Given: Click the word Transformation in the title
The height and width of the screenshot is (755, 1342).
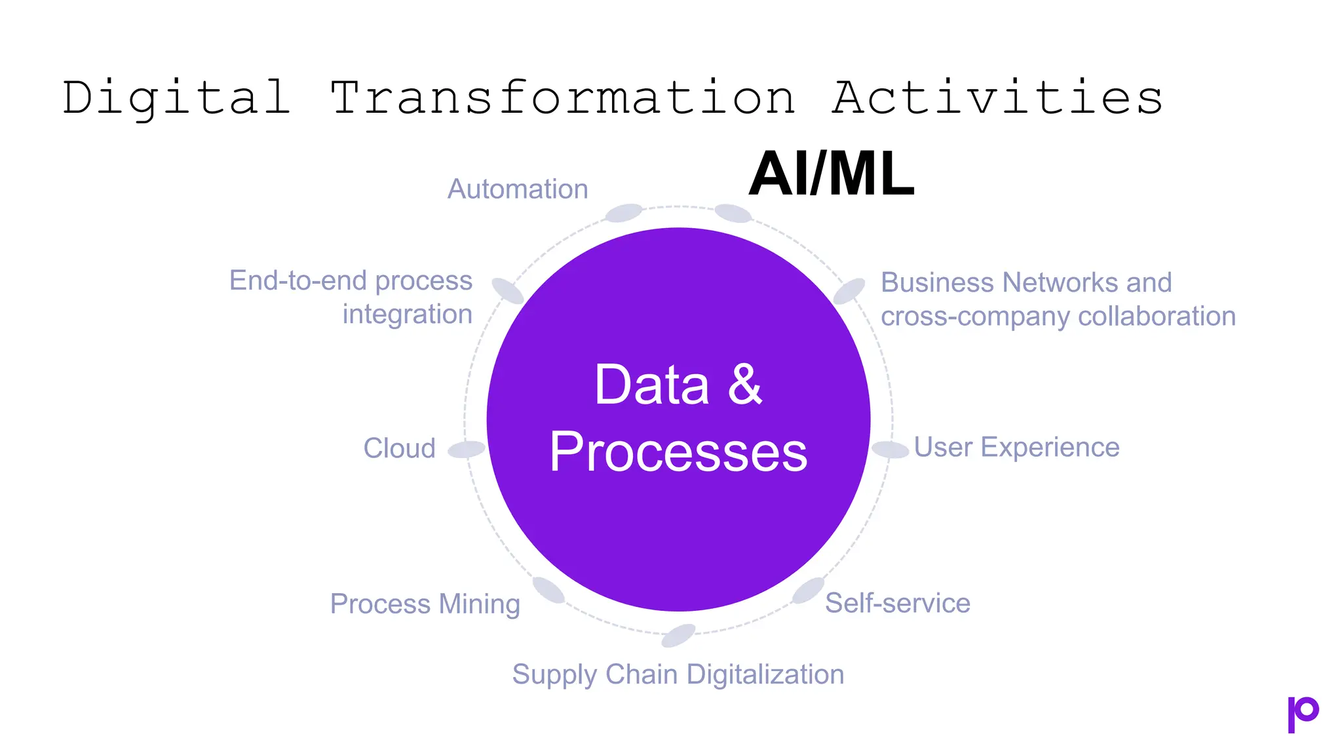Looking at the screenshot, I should pyautogui.click(x=562, y=98).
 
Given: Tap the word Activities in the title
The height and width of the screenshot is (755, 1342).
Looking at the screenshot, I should pyautogui.click(x=997, y=98).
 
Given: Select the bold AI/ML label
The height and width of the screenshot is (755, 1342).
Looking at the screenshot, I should pyautogui.click(x=831, y=174).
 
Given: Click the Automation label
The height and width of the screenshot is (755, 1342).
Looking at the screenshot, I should pyautogui.click(x=518, y=189).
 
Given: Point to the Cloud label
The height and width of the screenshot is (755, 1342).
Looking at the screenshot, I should pyautogui.click(x=399, y=449).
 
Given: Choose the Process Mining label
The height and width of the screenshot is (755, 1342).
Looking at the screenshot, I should pyautogui.click(x=425, y=604).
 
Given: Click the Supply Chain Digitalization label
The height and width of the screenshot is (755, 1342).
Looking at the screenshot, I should pyautogui.click(x=678, y=674).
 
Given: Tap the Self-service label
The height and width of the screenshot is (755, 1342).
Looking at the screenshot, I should pyautogui.click(x=897, y=603).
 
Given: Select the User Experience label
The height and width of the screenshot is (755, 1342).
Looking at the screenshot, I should pyautogui.click(x=1016, y=448).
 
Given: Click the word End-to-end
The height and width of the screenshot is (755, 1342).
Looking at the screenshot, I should pyautogui.click(x=298, y=281).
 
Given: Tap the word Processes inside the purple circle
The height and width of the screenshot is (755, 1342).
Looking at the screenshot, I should pyautogui.click(x=678, y=452).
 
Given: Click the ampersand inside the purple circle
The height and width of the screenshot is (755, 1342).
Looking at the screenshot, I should pyautogui.click(x=745, y=385).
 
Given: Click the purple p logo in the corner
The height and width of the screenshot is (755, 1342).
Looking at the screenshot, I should pyautogui.click(x=1302, y=714).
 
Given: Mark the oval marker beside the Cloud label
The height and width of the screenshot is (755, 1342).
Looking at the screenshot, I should pyautogui.click(x=467, y=449).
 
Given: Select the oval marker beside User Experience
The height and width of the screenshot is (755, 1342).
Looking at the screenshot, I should pyautogui.click(x=889, y=449).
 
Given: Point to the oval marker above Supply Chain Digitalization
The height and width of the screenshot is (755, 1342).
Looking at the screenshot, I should pyautogui.click(x=678, y=635).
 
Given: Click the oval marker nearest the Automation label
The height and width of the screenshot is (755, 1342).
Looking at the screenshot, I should pyautogui.click(x=623, y=212).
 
